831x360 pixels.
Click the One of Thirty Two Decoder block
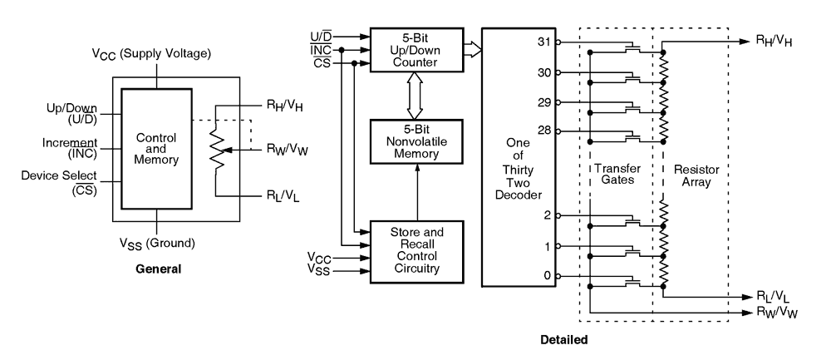pos(519,158)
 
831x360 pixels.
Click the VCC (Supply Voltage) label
pos(151,54)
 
